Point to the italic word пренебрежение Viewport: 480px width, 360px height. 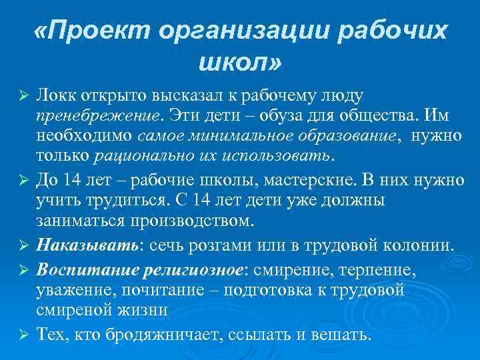click(99, 116)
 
